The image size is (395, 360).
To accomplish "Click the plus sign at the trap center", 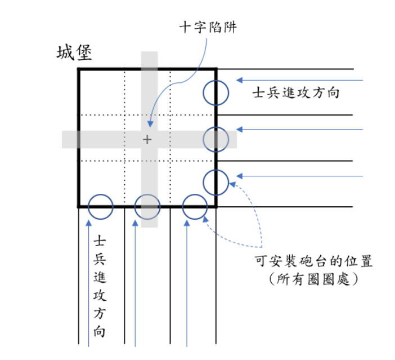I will click(147, 139).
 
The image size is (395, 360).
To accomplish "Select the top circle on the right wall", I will click(216, 93).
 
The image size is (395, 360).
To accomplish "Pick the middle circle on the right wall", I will click(216, 139).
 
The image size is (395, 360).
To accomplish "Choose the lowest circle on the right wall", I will click(216, 182).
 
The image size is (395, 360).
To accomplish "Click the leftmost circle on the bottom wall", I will click(101, 207).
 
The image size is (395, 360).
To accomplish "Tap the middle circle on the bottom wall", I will click(148, 207).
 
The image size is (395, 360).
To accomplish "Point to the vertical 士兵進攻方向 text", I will click(100, 286).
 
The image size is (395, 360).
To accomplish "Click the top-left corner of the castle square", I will click(79, 69).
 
